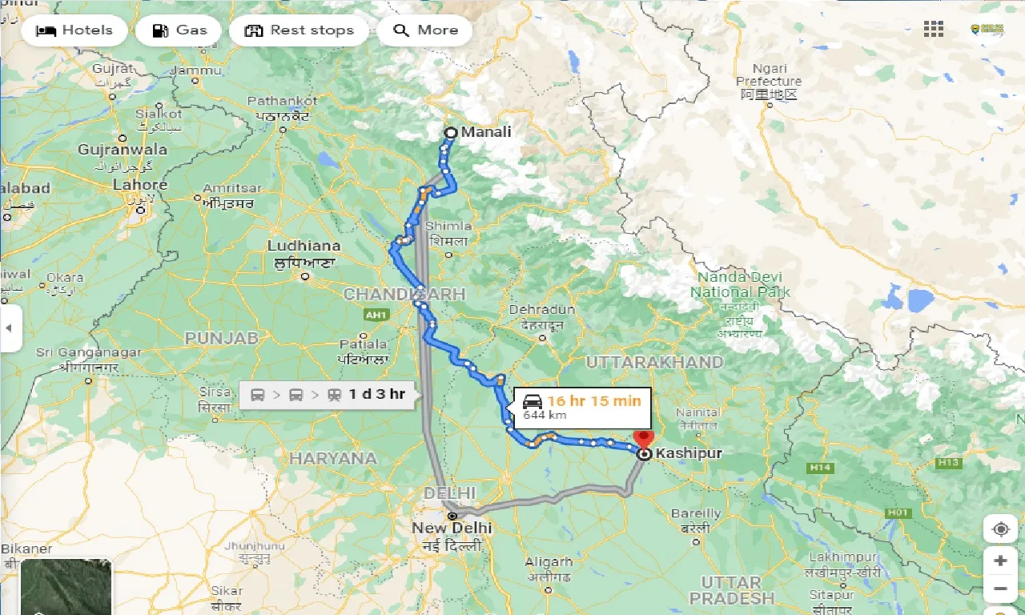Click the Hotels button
[x=74, y=30]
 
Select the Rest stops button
[x=299, y=30]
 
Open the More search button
[x=424, y=30]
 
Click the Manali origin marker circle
[x=450, y=133]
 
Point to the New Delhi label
[x=452, y=528]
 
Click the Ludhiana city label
[x=303, y=246]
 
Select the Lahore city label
[x=140, y=185]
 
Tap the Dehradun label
[x=543, y=310]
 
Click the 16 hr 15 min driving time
[x=594, y=400]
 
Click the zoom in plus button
[x=999, y=561]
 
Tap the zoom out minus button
[x=999, y=590]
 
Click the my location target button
[x=999, y=529]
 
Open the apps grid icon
[x=933, y=30]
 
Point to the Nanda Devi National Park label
[x=740, y=284]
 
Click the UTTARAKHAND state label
[x=654, y=362]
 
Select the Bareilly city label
[x=695, y=513]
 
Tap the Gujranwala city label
[x=123, y=150]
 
